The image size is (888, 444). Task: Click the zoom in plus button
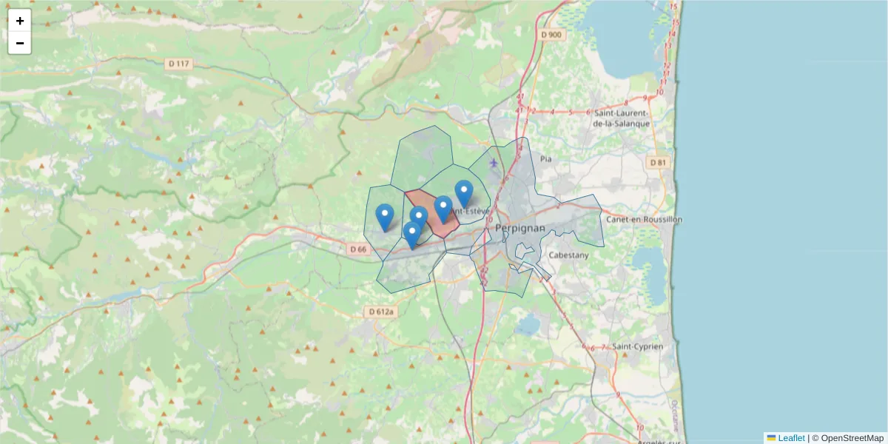(x=20, y=21)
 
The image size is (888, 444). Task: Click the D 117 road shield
(x=180, y=64)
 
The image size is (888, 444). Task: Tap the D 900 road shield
(x=551, y=34)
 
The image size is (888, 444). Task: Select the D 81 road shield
(x=657, y=162)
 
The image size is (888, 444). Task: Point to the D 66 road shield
(x=357, y=249)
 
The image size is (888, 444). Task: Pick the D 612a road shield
(x=382, y=312)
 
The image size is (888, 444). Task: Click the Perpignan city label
(x=520, y=228)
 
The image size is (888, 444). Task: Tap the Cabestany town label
(x=569, y=255)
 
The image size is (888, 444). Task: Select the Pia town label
(x=546, y=158)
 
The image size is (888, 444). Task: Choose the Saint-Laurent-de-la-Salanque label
(x=622, y=118)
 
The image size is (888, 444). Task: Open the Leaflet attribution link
(x=791, y=438)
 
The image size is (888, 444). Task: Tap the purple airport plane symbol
(x=494, y=162)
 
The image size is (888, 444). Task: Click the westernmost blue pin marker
(x=385, y=216)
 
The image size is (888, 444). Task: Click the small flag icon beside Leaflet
(x=771, y=438)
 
